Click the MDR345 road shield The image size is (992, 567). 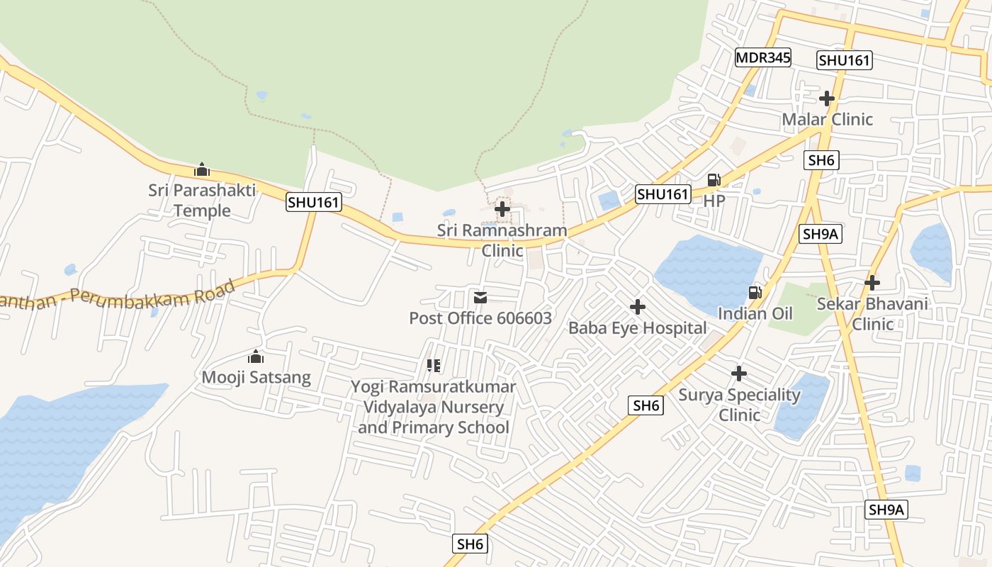[x=762, y=57]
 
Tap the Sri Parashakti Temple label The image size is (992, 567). [x=202, y=201]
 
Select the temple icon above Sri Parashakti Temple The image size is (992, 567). [x=202, y=170]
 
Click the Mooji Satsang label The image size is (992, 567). [x=257, y=377]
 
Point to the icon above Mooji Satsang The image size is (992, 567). [x=256, y=357]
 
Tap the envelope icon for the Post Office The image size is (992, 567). [x=480, y=298]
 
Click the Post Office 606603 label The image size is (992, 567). [x=480, y=318]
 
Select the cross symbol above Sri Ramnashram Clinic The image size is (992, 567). [x=502, y=209]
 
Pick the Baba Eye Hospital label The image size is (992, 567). [x=638, y=328]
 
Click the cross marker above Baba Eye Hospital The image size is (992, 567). [x=638, y=307]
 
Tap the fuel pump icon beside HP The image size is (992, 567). [x=714, y=180]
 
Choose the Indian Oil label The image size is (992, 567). [x=755, y=313]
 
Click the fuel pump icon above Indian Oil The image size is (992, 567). [x=755, y=292]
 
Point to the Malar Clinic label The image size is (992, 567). [x=827, y=119]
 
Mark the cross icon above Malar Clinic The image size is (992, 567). [x=827, y=98]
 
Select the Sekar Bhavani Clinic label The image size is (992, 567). [x=872, y=314]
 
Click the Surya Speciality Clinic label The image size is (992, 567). [x=740, y=405]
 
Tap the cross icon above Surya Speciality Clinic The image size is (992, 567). [x=739, y=374]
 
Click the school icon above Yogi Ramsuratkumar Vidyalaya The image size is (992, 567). [x=434, y=366]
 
